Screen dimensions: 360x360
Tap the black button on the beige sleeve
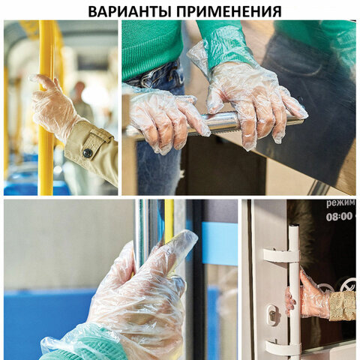click(88, 153)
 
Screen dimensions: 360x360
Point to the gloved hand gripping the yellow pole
click(52, 105)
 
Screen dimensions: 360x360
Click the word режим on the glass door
click(340, 203)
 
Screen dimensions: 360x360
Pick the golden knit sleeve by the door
click(343, 305)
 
